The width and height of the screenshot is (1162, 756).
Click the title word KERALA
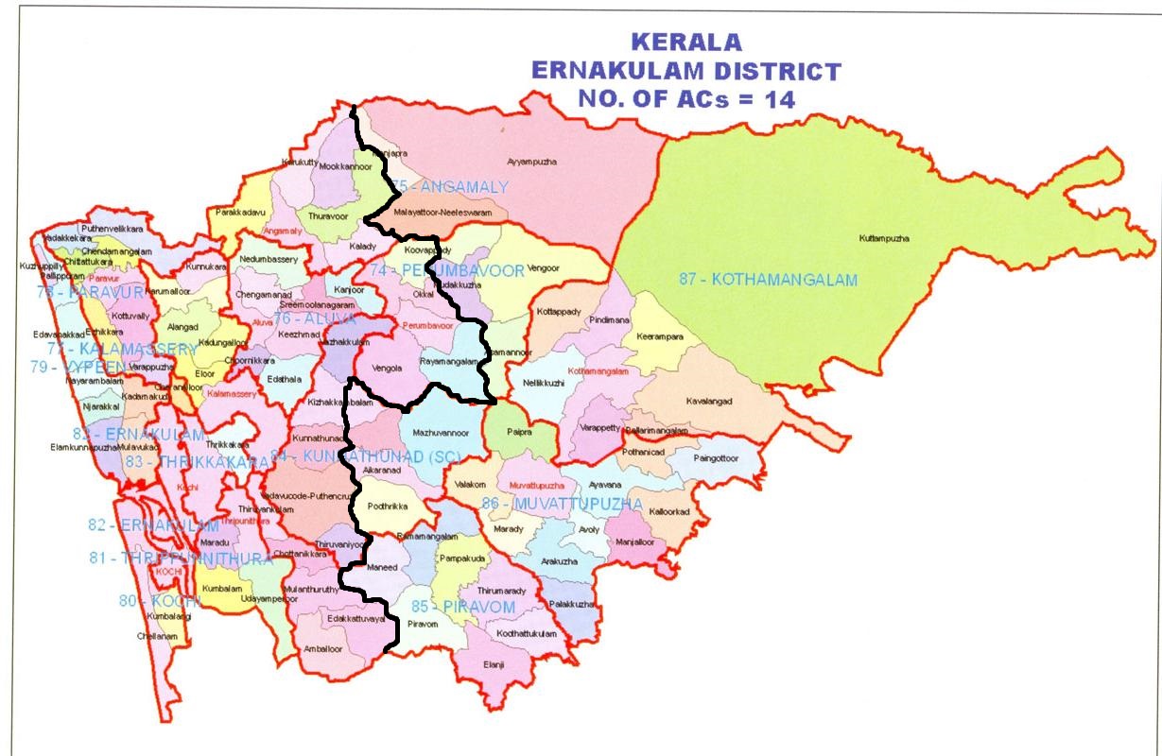(x=685, y=43)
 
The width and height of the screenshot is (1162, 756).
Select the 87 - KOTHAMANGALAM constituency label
(x=768, y=280)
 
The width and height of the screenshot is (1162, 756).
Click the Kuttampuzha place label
(x=884, y=238)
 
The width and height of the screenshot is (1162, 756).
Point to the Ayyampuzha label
(x=532, y=163)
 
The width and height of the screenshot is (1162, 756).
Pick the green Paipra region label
(x=519, y=431)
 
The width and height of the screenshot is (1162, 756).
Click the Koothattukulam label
(x=526, y=633)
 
